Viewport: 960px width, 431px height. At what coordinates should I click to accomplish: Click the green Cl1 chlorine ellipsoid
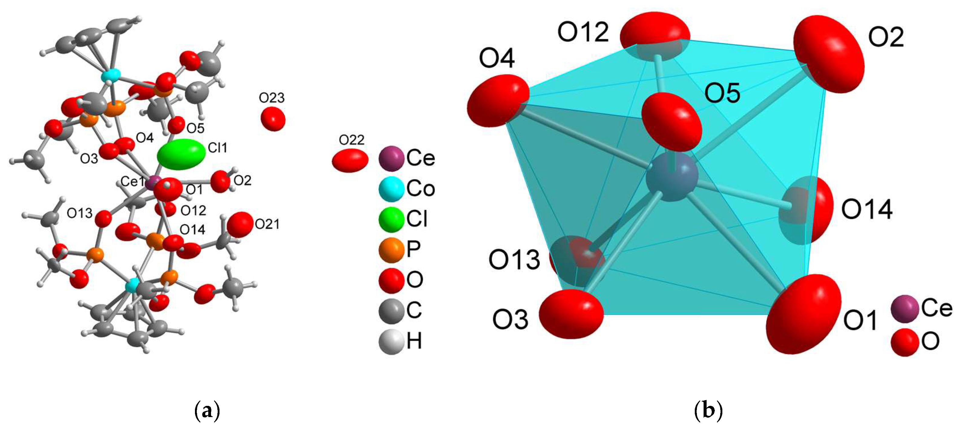181,154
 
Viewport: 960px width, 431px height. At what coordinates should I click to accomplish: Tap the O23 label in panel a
272,98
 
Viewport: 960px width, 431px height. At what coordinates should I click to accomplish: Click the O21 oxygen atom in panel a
240,224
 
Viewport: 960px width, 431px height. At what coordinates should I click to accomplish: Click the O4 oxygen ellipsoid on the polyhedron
498,101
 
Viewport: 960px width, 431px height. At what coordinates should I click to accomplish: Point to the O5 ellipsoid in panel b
672,122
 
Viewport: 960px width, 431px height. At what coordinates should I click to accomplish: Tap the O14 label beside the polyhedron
866,209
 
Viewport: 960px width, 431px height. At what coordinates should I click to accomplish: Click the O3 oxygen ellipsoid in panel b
571,314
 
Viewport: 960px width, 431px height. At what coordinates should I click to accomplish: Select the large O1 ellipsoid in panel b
803,314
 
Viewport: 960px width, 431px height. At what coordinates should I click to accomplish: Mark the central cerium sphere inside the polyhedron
672,177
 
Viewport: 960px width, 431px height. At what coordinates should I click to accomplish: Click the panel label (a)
207,411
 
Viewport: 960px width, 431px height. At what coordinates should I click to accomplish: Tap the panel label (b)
708,411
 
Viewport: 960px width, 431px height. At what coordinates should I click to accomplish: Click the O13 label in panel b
514,260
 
